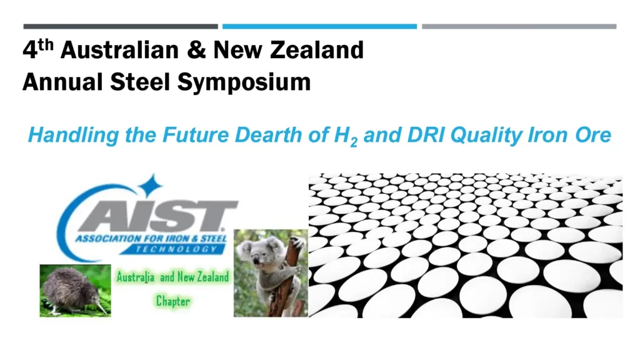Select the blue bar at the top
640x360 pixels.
pyautogui.click(x=319, y=26)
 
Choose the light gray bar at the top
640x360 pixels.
pyautogui.click(x=519, y=26)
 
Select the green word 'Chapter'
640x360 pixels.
pyautogui.click(x=173, y=301)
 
